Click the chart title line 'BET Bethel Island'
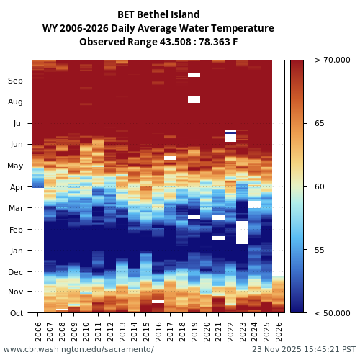tap(158, 14)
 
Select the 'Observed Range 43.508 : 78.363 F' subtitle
tap(158, 42)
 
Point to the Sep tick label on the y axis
tap(15, 81)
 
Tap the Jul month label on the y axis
tap(17, 124)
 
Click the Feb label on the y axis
tap(16, 230)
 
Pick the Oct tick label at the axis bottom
tap(16, 313)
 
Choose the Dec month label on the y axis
tap(15, 272)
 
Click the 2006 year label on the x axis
tap(38, 331)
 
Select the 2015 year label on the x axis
tap(145, 331)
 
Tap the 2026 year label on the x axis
tap(278, 331)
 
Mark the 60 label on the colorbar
tap(319, 187)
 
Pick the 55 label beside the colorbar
tap(319, 250)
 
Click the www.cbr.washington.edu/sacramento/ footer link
tap(78, 350)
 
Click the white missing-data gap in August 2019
tap(194, 99)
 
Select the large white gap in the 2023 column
tap(242, 232)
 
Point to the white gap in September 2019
tap(194, 75)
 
